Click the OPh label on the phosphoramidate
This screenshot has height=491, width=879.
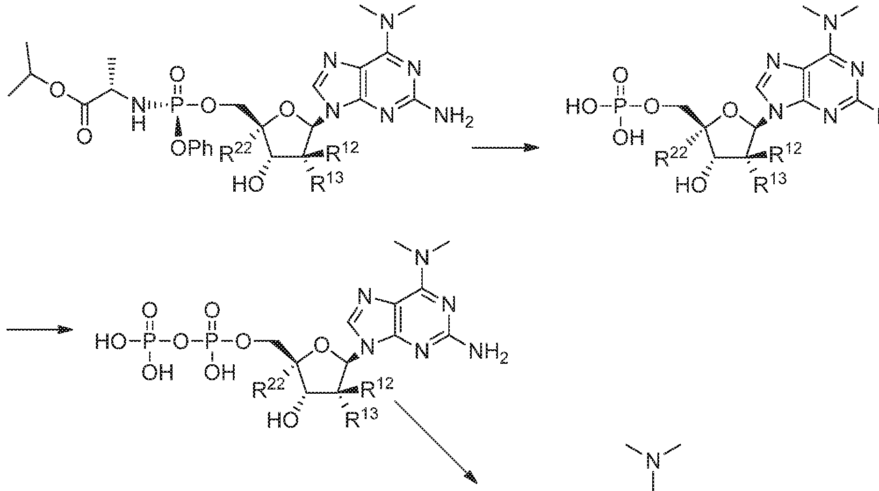190,151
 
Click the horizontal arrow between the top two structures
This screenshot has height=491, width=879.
505,147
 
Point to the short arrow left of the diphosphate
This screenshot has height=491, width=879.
40,329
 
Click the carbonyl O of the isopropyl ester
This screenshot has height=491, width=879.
84,137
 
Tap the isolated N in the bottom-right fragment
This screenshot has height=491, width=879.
653,463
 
